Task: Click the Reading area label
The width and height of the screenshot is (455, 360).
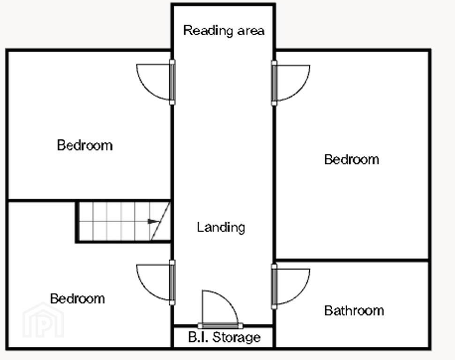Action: point(224,31)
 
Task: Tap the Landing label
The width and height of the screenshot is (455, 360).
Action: point(221,227)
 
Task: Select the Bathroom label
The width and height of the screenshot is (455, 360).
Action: point(354,311)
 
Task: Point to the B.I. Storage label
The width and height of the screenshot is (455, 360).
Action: point(224,337)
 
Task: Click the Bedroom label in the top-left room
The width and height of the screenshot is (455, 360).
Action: point(85,145)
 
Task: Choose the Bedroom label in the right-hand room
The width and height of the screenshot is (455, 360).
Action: point(351,159)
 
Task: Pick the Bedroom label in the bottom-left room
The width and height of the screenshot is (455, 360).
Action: point(77,299)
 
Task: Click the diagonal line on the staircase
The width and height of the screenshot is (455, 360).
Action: point(160,221)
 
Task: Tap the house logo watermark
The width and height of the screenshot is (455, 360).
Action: point(43,320)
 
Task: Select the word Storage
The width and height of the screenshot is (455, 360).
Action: point(237,337)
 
